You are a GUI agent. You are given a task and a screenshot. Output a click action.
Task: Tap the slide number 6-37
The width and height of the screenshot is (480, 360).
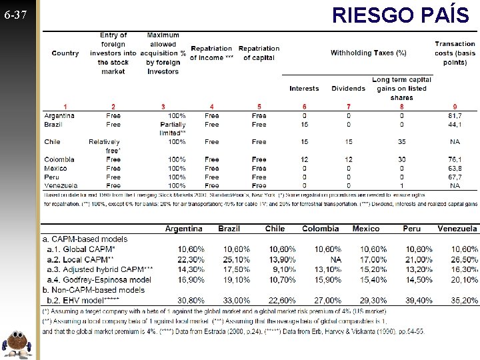15,14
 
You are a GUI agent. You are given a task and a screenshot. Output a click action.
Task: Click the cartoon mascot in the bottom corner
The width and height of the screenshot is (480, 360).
19,343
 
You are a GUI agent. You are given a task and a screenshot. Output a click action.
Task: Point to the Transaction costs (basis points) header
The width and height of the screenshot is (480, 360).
455,53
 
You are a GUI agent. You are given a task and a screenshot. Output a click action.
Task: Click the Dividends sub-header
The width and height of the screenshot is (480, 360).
348,89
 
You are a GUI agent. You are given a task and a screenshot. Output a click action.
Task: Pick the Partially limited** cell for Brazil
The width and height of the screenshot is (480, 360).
173,129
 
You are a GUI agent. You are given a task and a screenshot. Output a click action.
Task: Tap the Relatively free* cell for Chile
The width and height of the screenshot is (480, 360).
104,146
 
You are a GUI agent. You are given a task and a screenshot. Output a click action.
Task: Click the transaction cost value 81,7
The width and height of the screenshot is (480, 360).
455,115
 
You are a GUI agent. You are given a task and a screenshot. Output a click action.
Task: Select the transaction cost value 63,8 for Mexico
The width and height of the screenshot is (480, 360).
455,169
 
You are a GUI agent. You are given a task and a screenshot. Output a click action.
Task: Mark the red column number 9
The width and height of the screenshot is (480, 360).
455,107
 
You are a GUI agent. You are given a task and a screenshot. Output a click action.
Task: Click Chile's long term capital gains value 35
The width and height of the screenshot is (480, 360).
402,142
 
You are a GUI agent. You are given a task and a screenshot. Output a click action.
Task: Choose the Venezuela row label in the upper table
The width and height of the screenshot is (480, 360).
61,186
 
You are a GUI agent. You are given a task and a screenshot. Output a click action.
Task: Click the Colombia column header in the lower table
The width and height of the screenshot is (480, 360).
320,229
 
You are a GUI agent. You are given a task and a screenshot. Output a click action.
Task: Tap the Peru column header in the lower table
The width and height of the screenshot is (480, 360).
411,229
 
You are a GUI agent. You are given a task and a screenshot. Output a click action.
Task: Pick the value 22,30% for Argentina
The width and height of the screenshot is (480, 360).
191,259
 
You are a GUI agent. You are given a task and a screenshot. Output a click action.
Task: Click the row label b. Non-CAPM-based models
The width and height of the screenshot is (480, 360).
93,290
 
